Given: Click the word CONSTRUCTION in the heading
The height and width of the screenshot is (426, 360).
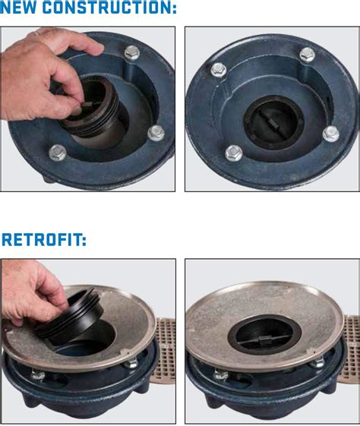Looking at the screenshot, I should (112, 9).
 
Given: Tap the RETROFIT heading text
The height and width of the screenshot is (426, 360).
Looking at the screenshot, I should (45, 240).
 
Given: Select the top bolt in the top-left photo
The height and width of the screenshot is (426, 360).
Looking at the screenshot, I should (132, 52).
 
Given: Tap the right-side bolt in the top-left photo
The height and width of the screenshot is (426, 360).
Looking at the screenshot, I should (156, 133).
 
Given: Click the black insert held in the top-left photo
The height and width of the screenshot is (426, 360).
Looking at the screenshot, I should (91, 114).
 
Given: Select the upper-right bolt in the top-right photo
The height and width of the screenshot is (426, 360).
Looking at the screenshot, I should (307, 54).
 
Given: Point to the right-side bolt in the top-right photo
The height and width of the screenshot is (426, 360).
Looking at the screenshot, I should (331, 134).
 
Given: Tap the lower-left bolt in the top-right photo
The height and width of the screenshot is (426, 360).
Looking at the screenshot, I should (234, 152).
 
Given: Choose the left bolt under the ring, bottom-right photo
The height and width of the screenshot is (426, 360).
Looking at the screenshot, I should (221, 375).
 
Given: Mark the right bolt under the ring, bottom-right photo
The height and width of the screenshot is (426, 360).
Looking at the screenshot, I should (318, 363).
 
